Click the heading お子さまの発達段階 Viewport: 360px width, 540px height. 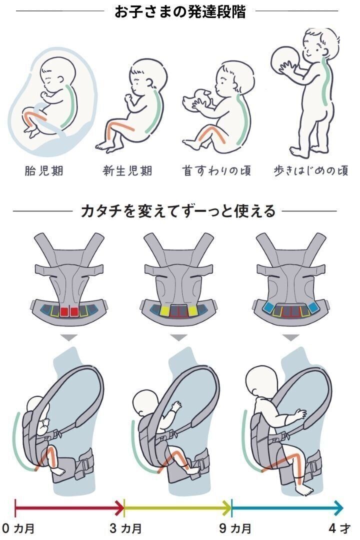(180, 12)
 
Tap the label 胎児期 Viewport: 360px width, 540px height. (44, 171)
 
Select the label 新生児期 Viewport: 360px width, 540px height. (127, 171)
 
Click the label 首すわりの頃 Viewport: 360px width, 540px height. (216, 171)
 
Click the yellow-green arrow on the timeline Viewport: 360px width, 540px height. (177, 508)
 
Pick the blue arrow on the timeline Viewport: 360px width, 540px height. (287, 508)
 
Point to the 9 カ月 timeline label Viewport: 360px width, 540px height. (233, 528)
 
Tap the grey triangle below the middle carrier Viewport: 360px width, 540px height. (178, 338)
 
